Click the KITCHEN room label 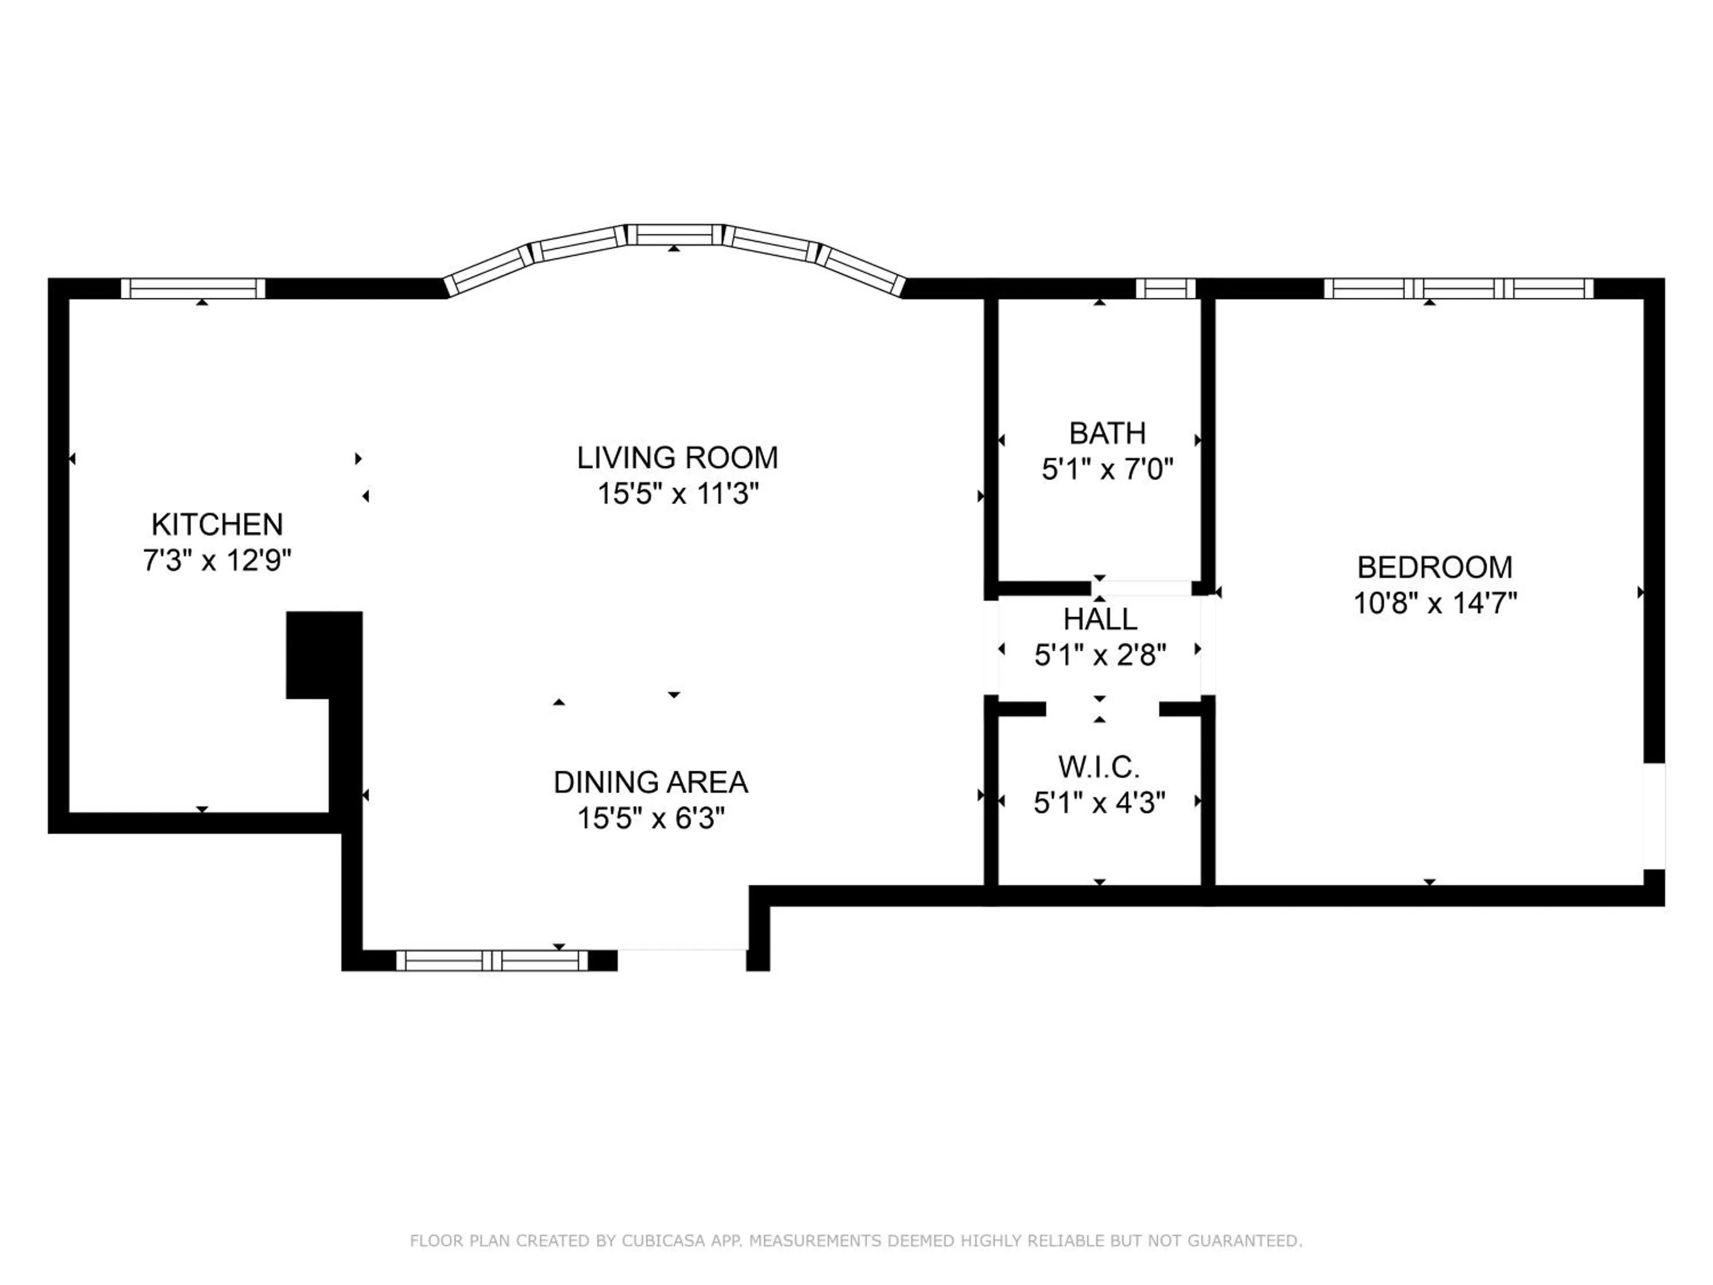click(x=217, y=524)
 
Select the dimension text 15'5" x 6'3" click(x=650, y=818)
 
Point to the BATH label click(x=1107, y=433)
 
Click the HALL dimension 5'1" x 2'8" click(x=1100, y=655)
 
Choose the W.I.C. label click(x=1099, y=767)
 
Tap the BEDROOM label click(x=1434, y=567)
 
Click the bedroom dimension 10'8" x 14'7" click(x=1434, y=603)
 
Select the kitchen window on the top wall click(x=194, y=288)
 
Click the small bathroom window click(x=1165, y=288)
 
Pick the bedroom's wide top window click(x=1458, y=288)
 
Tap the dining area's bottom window click(x=492, y=961)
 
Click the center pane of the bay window click(x=673, y=234)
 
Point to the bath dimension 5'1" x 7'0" click(x=1107, y=469)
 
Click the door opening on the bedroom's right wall click(x=1654, y=816)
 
